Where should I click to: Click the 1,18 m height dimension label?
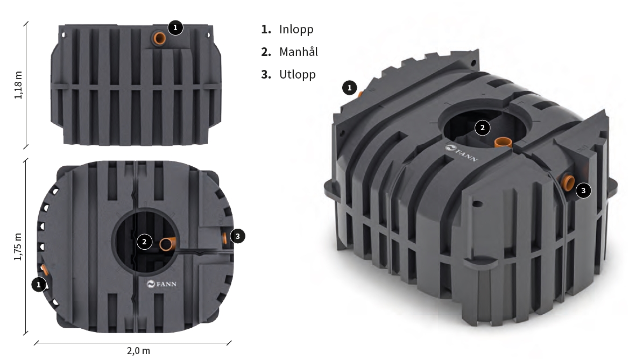pyautogui.click(x=18, y=85)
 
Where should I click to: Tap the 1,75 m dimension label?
pyautogui.click(x=18, y=246)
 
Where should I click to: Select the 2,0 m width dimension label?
pyautogui.click(x=138, y=351)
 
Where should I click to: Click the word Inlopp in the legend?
pyautogui.click(x=296, y=29)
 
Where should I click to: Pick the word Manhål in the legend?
pyautogui.click(x=299, y=52)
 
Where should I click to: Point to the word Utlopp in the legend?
pyautogui.click(x=297, y=75)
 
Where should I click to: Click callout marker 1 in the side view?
pyautogui.click(x=175, y=27)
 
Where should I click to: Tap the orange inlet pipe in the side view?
pyautogui.click(x=160, y=39)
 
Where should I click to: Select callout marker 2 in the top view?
pyautogui.click(x=144, y=242)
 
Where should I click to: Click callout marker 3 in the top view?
pyautogui.click(x=237, y=236)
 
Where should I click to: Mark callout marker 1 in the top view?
pyautogui.click(x=39, y=285)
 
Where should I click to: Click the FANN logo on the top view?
pyautogui.click(x=161, y=284)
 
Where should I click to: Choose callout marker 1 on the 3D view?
pyautogui.click(x=349, y=88)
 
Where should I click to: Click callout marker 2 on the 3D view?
pyautogui.click(x=482, y=128)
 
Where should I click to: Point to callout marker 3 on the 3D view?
pyautogui.click(x=583, y=190)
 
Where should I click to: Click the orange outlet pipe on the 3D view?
pyautogui.click(x=568, y=182)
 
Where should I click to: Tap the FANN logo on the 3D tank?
pyautogui.click(x=461, y=153)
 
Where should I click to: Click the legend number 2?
pyautogui.click(x=266, y=52)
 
